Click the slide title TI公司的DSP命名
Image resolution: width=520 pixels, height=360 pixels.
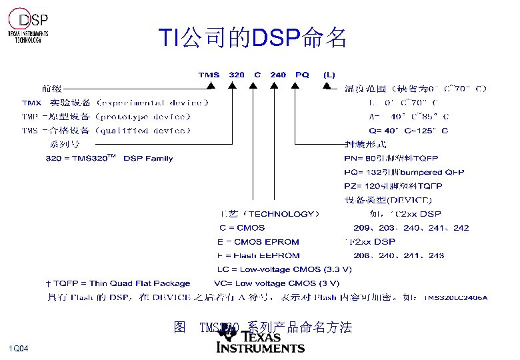[253, 38]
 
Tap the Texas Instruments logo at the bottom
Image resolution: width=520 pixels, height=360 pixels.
[261, 342]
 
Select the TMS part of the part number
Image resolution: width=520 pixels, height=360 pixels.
[209, 75]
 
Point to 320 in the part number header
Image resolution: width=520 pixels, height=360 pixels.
[237, 75]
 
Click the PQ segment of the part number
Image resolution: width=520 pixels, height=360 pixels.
[302, 75]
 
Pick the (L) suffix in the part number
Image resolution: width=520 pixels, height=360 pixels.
[329, 75]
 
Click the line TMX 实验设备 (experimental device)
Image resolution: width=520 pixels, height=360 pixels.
[115, 103]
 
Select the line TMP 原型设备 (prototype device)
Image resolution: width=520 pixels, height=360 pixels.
[106, 117]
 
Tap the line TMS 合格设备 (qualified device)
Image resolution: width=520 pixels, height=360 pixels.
[106, 131]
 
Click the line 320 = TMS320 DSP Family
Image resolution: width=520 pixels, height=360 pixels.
[109, 159]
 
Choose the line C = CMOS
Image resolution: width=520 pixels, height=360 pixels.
[241, 228]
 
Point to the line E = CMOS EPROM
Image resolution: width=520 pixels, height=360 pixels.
[258, 242]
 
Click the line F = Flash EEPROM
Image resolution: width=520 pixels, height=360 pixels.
[259, 255]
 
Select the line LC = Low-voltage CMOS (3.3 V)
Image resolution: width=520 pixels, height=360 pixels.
[284, 269]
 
